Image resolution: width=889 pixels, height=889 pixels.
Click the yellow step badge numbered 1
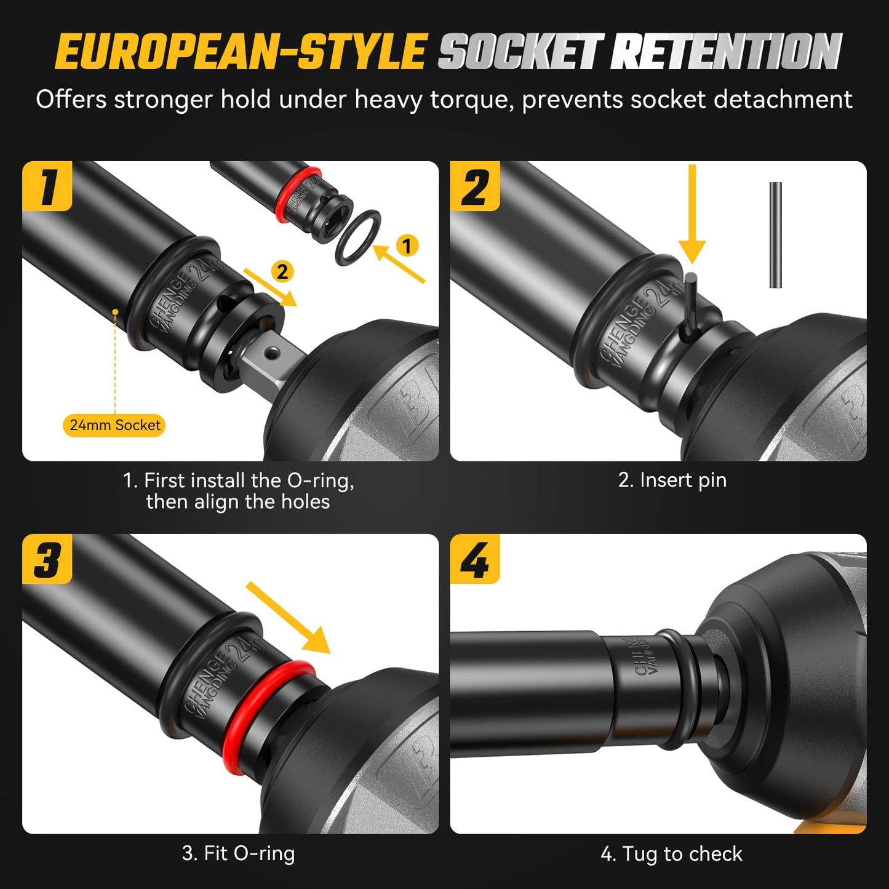pos(47,186)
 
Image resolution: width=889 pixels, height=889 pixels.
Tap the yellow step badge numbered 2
pos(475,186)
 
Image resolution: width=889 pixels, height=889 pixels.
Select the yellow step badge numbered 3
pos(47,559)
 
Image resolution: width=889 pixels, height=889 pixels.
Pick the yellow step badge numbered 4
pos(475,559)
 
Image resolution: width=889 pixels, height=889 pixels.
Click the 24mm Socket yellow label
pos(114,425)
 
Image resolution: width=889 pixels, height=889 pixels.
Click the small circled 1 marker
pos(407,245)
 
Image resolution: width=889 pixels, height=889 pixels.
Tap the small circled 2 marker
pos(282,271)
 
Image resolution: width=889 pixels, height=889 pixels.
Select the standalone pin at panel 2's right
pos(775,235)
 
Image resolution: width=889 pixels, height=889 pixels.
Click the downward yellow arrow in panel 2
pos(692,214)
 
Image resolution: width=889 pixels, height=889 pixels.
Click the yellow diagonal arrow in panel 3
pos(288,617)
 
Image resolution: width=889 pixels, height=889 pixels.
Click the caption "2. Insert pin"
pos(672,480)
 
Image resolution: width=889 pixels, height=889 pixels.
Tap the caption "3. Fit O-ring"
pos(239,853)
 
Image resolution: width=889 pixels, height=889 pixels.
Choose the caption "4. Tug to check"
pos(672,854)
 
